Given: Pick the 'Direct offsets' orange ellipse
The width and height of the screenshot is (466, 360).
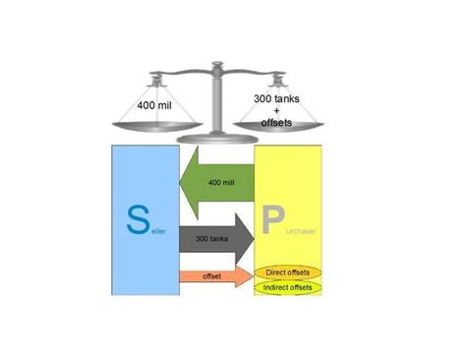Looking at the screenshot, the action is pyautogui.click(x=290, y=270).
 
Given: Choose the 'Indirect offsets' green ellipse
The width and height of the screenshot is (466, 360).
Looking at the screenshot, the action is pyautogui.click(x=290, y=286).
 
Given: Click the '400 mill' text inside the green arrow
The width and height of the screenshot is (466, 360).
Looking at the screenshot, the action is pyautogui.click(x=222, y=182).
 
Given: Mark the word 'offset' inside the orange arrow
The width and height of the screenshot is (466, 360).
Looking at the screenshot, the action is pyautogui.click(x=212, y=277).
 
